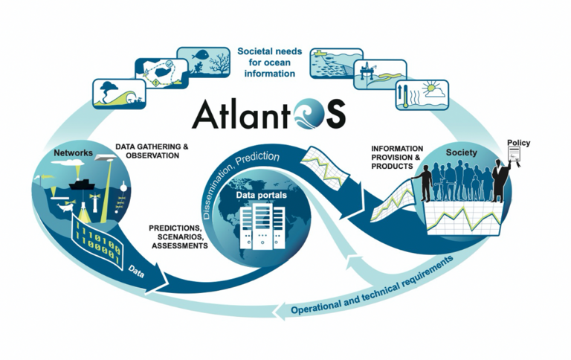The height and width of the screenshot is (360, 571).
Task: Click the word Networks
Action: [73, 153]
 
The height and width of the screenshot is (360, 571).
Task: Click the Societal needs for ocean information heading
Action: [266, 62]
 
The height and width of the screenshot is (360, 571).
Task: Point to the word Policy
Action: [518, 142]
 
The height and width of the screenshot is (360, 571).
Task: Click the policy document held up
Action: [513, 155]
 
